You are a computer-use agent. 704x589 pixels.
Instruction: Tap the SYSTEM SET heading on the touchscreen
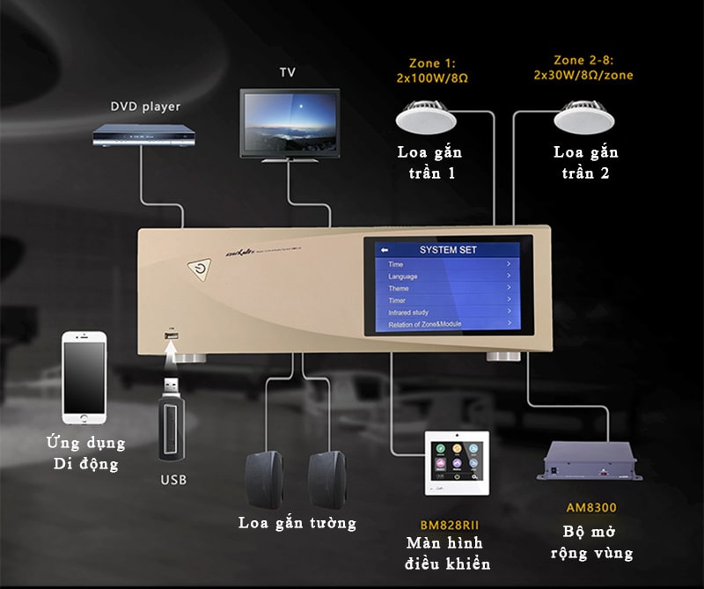tap(447, 250)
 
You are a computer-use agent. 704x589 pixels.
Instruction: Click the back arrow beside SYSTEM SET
tap(384, 250)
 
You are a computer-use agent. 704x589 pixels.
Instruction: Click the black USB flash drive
tap(172, 421)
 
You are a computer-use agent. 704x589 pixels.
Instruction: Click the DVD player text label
tap(145, 107)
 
